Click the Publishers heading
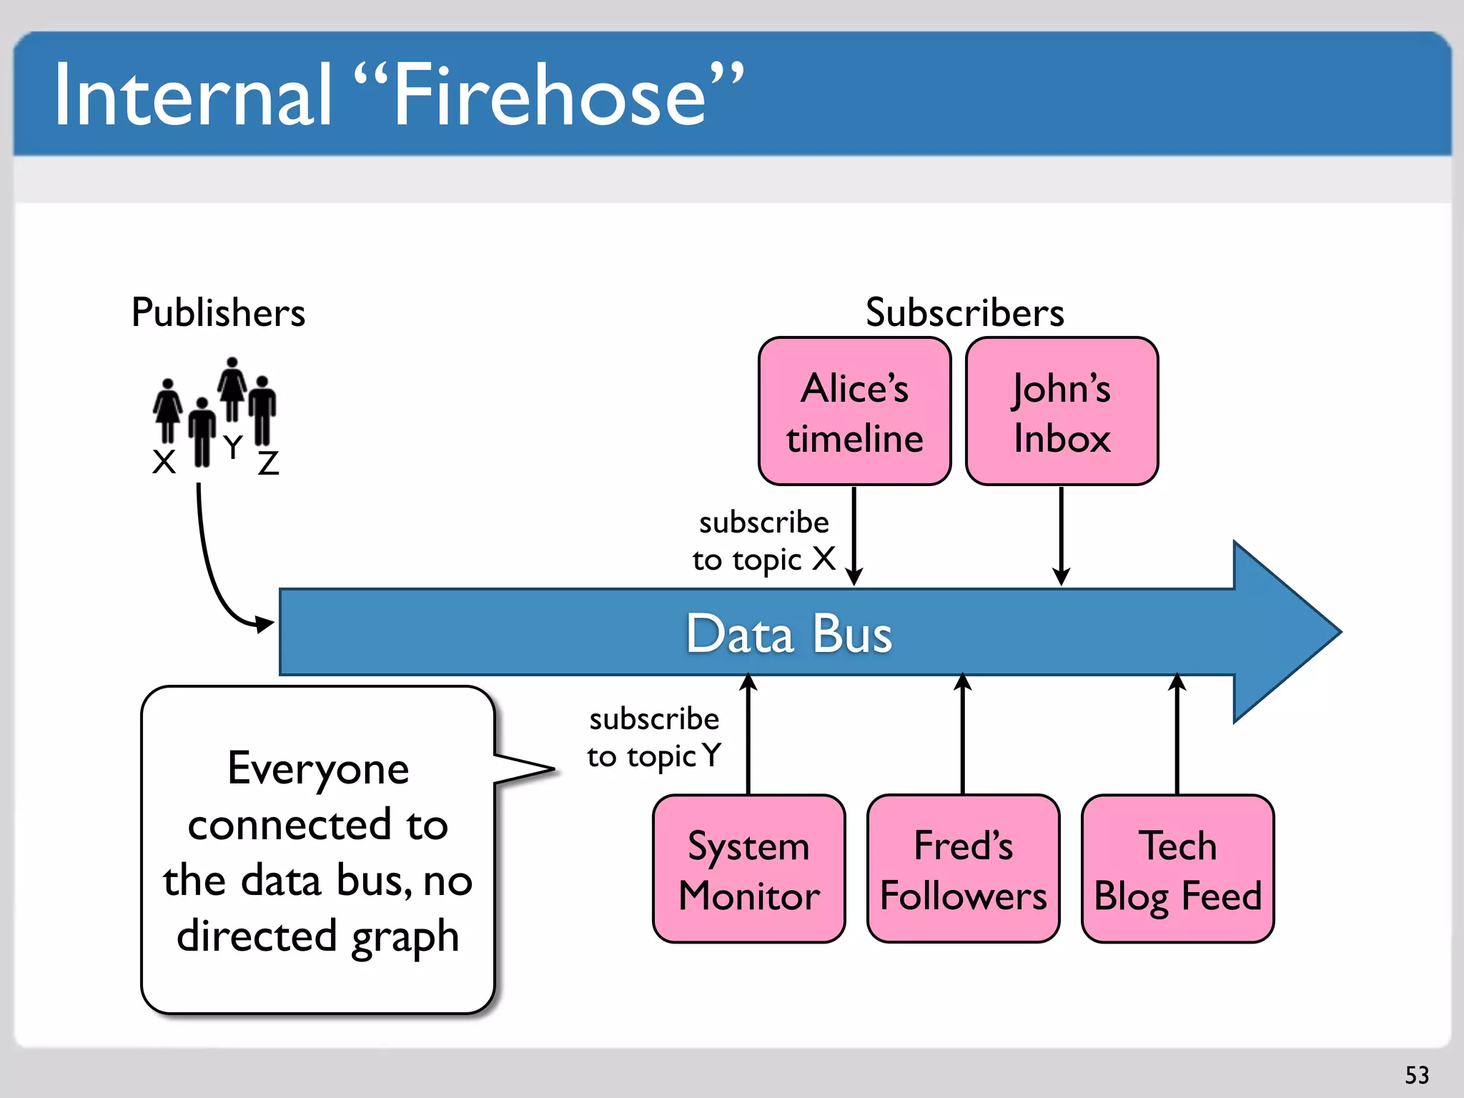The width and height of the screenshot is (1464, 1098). point(218,313)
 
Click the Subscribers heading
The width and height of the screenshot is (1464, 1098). point(964,313)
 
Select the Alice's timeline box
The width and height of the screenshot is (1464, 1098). point(854,412)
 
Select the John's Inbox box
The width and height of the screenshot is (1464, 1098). point(1062,412)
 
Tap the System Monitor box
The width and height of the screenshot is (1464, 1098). point(748,869)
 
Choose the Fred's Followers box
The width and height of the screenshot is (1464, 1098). point(963,869)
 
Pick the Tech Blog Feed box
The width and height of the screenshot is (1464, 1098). point(1177,869)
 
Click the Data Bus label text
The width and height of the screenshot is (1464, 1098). point(789,633)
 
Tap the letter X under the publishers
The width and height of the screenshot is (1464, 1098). point(164,462)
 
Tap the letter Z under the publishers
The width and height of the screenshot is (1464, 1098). point(268,463)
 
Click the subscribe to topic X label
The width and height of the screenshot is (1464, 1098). point(763,541)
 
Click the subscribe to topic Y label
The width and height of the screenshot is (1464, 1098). point(654,738)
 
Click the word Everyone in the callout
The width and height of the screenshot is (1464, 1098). point(318,769)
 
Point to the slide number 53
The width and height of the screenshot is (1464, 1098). point(1417,1074)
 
